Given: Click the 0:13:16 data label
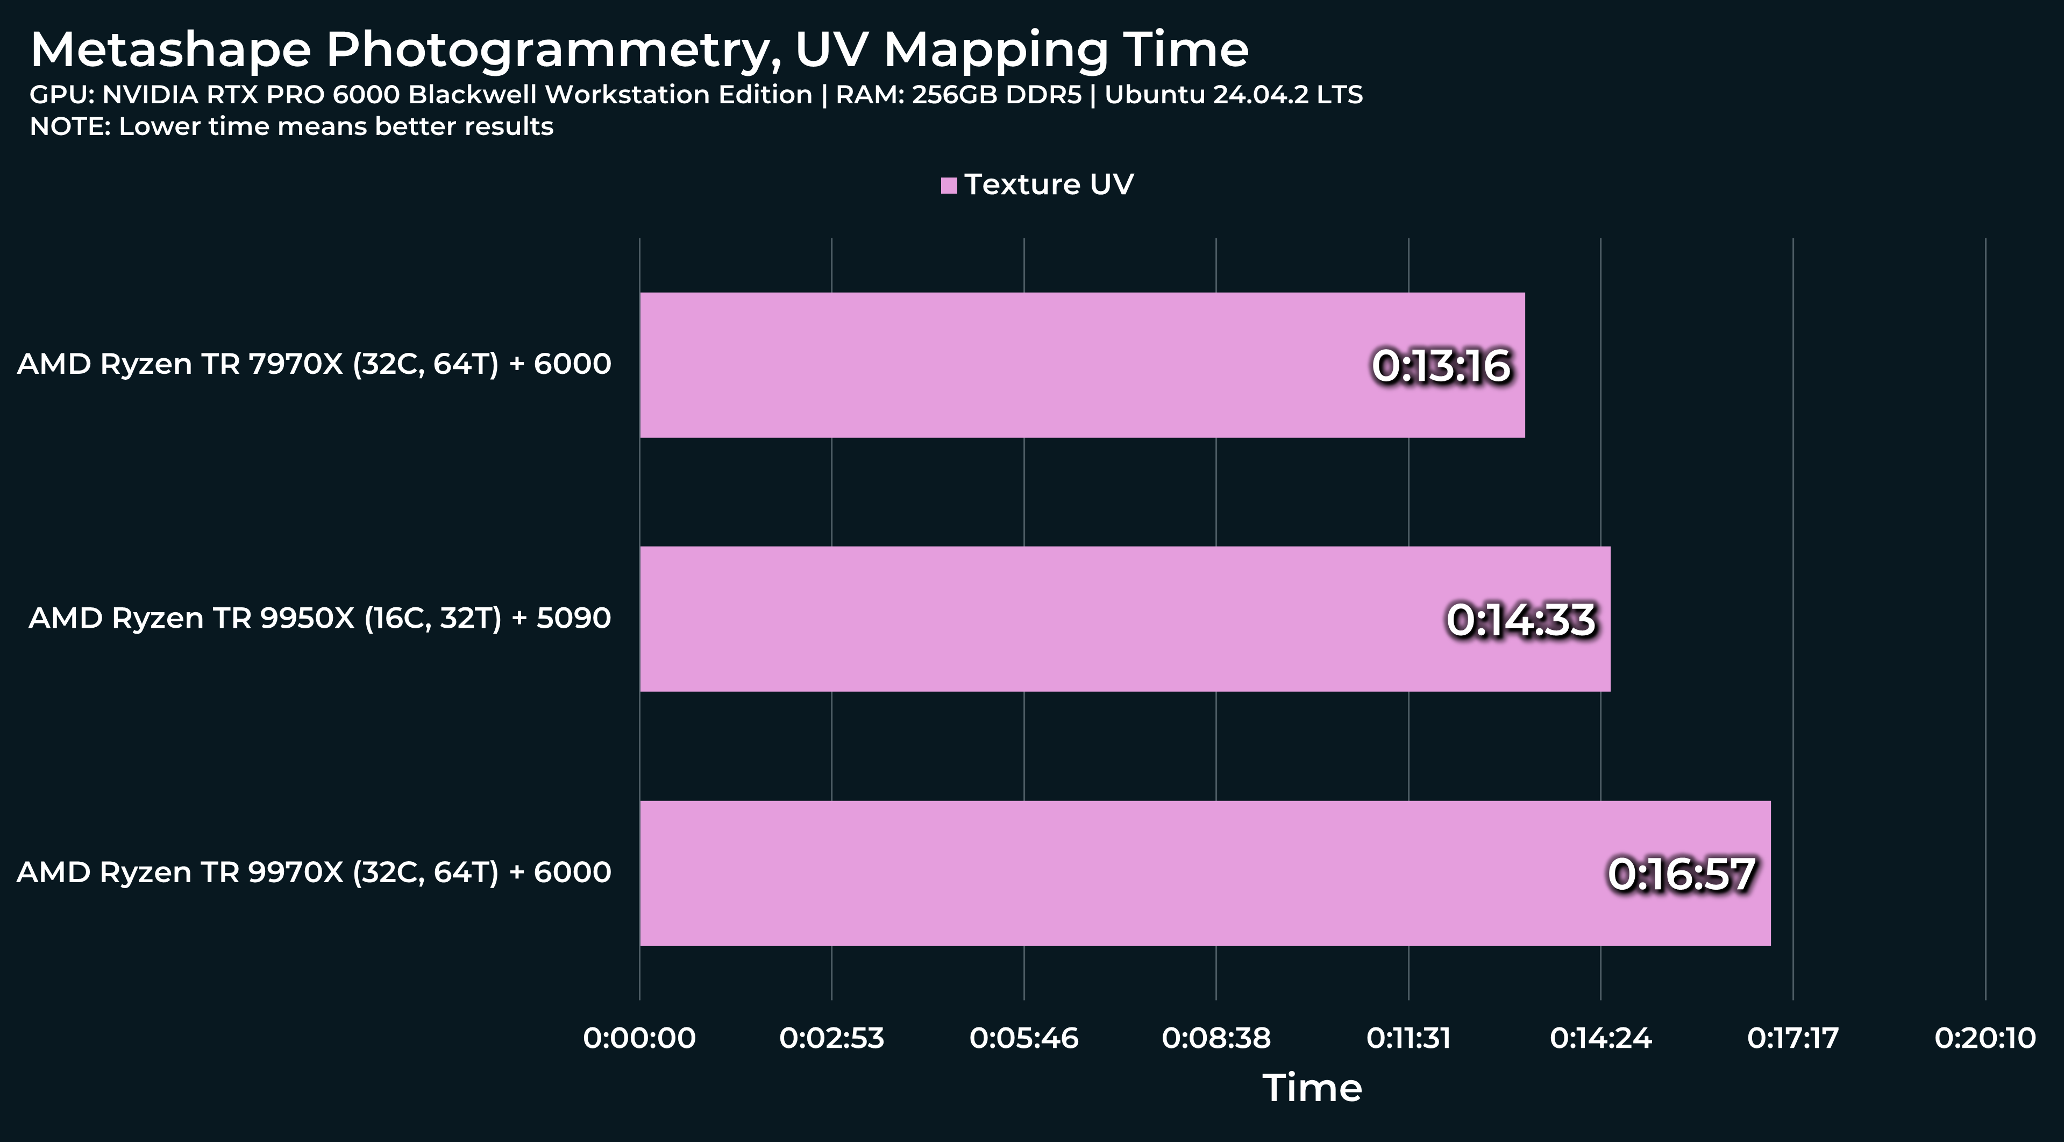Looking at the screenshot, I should tap(1441, 365).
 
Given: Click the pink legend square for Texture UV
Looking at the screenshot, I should tap(949, 185).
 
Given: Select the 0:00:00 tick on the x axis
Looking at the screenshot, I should tap(639, 1038).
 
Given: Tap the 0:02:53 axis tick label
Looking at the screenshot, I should tap(832, 1038).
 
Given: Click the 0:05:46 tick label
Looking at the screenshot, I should tap(1024, 1038).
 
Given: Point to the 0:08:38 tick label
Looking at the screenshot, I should tap(1216, 1038).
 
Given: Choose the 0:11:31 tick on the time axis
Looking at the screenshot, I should tap(1408, 1038).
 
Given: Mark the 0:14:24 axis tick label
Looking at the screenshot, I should tap(1601, 1038).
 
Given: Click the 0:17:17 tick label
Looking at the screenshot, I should tap(1793, 1038).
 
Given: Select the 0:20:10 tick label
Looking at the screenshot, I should tap(1985, 1038).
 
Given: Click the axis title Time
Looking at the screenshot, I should tap(1312, 1088).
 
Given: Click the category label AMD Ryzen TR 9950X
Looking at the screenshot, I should tap(319, 618).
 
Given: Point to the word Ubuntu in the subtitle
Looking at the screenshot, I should tap(1154, 95).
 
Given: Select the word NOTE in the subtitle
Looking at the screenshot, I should tap(69, 126).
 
